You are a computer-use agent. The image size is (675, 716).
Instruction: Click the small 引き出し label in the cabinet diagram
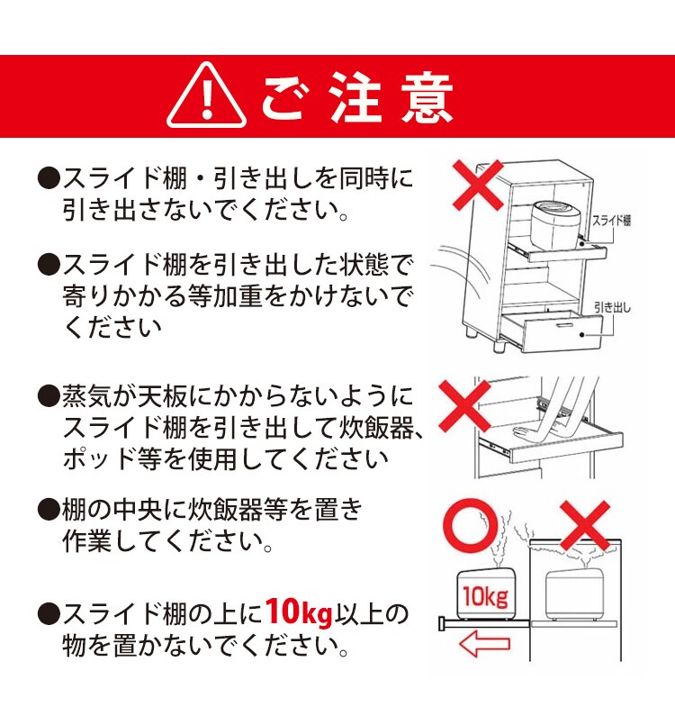[x=612, y=308]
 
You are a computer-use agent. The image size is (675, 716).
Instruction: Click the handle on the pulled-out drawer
[x=567, y=323]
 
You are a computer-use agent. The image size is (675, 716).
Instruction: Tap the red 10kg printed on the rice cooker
[x=485, y=596]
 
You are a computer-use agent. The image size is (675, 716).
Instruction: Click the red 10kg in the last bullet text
[x=299, y=614]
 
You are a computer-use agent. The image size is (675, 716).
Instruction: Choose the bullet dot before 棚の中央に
[x=47, y=510]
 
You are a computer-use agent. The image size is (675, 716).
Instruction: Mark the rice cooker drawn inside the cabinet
[x=573, y=595]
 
